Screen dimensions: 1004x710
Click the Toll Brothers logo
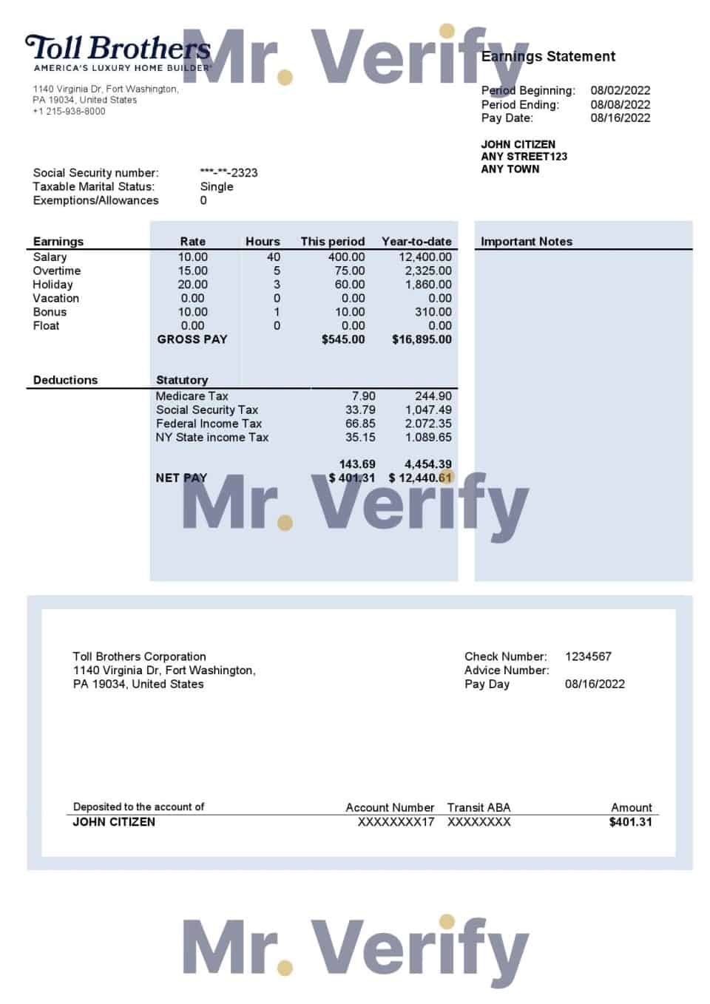pos(118,52)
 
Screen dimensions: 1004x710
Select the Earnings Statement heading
pos(548,56)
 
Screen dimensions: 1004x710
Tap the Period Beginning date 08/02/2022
pos(620,90)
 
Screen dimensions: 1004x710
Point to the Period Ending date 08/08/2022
pos(620,104)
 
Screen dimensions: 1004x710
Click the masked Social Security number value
pos(229,173)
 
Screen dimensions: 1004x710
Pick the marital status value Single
pos(217,186)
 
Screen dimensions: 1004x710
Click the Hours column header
pos(263,242)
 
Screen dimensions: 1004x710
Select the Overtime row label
pos(56,271)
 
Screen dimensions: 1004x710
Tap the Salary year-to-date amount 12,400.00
pos(425,257)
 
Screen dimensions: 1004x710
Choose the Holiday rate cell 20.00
pos(192,285)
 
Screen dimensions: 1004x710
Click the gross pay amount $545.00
pos(343,339)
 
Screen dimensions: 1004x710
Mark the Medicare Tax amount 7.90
pos(363,396)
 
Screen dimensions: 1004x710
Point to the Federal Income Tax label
pos(209,424)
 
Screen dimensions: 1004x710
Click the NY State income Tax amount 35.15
pos(360,438)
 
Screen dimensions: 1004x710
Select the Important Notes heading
pos(526,242)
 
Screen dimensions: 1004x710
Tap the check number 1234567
pos(588,657)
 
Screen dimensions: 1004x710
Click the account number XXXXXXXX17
pos(396,822)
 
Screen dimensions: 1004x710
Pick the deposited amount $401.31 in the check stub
pos(630,822)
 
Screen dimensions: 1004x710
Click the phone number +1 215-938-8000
pos(69,112)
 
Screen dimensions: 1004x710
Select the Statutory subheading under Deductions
pos(182,380)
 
